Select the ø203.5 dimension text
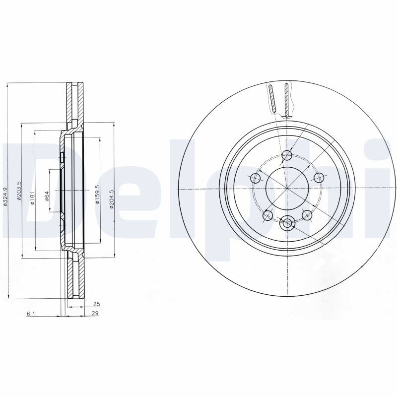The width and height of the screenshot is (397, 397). [x=19, y=191]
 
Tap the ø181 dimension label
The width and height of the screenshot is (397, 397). [x=32, y=198]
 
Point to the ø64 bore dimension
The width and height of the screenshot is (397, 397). [x=47, y=196]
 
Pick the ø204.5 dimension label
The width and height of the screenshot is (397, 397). [x=112, y=199]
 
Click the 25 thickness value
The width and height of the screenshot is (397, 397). [x=96, y=304]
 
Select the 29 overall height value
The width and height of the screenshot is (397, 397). [x=95, y=313]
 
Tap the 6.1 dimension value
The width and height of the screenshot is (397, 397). [x=30, y=314]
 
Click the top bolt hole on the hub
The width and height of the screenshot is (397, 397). [x=287, y=155]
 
